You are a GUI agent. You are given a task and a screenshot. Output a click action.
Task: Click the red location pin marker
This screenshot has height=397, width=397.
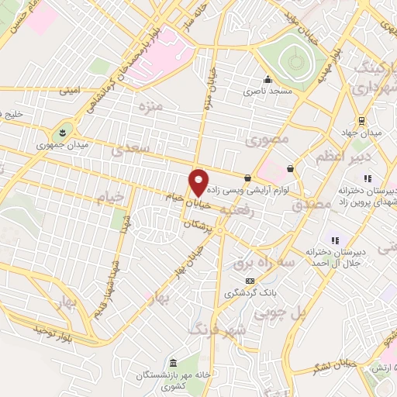click(x=199, y=182)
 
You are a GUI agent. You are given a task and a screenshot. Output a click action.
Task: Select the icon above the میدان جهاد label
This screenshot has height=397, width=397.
click(x=361, y=120)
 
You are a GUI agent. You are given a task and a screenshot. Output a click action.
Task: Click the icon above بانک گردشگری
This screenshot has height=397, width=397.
click(x=249, y=281)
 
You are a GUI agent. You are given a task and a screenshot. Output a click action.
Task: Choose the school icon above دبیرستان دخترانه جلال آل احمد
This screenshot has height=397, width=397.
click(x=336, y=240)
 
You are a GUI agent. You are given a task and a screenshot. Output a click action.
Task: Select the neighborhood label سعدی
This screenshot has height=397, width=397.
click(x=129, y=147)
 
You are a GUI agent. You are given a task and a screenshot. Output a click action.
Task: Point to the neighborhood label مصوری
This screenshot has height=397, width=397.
click(x=267, y=141)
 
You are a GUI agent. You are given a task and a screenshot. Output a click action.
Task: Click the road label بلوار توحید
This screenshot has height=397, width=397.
click(x=53, y=331)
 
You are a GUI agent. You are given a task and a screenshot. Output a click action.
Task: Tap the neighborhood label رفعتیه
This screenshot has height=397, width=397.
click(x=237, y=209)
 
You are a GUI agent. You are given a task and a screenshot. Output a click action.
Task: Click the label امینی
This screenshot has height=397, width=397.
click(x=71, y=90)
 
